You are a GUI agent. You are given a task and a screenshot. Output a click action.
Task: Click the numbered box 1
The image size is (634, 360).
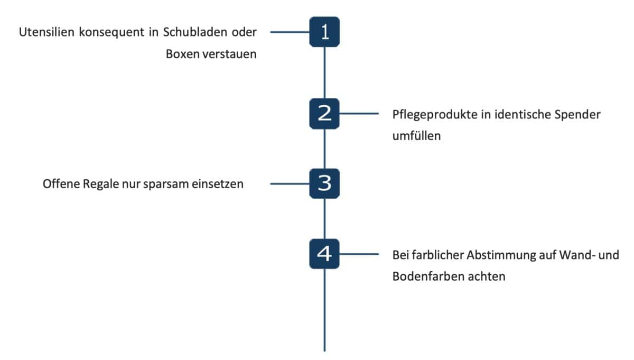point(324,32)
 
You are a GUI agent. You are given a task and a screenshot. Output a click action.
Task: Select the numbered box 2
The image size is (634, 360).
point(324,114)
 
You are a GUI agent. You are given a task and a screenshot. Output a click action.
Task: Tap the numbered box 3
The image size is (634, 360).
point(324,183)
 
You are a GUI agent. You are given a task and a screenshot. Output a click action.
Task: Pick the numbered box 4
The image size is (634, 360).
point(324,254)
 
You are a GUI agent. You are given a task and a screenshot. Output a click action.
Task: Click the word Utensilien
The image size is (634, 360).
point(46,32)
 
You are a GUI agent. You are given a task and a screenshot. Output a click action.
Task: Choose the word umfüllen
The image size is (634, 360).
point(417,136)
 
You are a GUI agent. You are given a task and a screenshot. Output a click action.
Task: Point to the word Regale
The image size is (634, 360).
point(100,184)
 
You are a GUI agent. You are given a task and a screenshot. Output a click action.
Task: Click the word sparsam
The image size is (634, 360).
point(165,184)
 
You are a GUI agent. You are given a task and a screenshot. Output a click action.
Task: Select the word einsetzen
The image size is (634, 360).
point(217,184)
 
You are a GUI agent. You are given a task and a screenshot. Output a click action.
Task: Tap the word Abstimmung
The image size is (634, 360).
point(501,255)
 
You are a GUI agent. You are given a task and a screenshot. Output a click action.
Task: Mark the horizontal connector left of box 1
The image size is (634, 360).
point(290,32)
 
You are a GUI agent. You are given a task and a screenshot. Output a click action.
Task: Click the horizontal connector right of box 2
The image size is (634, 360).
point(359,114)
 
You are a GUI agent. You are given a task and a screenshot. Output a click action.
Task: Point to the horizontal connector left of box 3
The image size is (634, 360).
point(290,184)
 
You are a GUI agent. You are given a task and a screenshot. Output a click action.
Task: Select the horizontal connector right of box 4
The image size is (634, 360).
point(359,254)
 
